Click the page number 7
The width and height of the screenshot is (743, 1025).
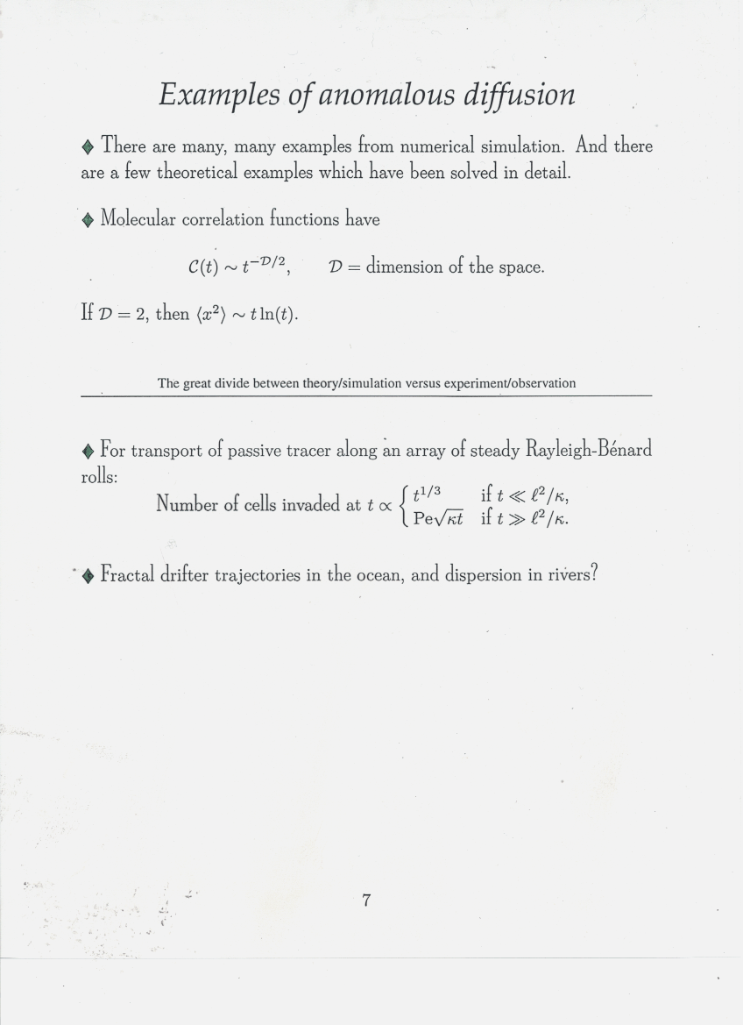click(367, 900)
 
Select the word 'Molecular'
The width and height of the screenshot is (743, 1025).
click(138, 219)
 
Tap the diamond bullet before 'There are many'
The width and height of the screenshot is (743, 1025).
click(88, 146)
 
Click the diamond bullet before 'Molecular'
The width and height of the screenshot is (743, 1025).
click(88, 220)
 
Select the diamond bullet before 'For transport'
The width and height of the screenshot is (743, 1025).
click(88, 452)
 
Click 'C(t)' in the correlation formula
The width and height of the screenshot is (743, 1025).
click(203, 267)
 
